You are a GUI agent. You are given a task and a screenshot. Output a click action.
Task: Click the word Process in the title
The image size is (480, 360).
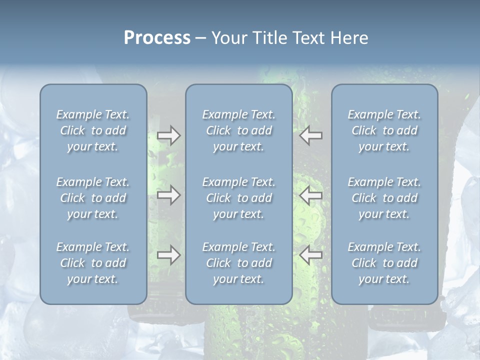157,38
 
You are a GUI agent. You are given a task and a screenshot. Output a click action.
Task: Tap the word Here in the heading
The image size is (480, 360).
349,38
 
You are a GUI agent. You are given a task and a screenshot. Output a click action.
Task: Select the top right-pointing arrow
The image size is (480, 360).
169,135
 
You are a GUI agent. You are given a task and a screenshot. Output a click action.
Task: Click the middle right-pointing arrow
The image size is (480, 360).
169,195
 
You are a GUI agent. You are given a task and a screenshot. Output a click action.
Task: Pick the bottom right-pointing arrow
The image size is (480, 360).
169,255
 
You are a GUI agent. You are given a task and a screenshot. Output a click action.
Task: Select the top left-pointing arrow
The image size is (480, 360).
311,135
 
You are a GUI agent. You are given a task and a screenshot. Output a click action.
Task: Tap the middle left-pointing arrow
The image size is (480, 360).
311,195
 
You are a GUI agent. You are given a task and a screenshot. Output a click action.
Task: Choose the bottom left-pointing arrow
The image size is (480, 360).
311,255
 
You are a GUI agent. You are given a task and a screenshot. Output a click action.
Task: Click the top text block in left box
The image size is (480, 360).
93,130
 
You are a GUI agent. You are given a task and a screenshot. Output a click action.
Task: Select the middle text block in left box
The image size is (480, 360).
93,198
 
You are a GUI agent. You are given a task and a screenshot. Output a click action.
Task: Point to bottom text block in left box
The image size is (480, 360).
93,263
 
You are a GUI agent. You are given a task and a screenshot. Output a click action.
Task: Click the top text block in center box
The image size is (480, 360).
239,130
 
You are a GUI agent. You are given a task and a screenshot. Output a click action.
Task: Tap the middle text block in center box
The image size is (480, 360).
239,198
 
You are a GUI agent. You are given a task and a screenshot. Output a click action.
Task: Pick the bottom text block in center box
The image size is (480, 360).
239,263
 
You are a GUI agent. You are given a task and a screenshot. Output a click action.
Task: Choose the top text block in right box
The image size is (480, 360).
384,130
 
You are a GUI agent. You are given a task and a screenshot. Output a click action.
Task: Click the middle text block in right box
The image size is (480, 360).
384,198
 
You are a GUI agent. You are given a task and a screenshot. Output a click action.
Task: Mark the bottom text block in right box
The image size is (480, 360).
384,263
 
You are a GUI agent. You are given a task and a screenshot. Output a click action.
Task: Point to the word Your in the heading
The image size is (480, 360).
229,38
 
